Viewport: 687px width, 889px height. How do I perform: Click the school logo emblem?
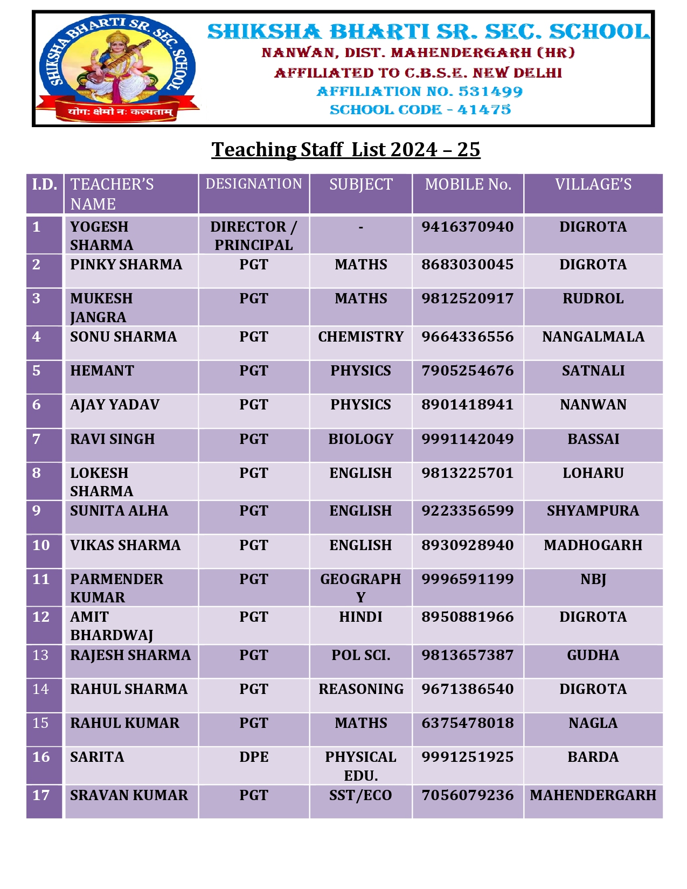(x=117, y=67)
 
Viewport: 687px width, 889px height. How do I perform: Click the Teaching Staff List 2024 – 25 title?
(x=345, y=150)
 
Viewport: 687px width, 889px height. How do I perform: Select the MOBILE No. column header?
(x=468, y=185)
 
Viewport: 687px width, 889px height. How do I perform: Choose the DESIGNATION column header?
(x=254, y=184)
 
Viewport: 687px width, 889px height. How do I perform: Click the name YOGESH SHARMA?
(x=101, y=235)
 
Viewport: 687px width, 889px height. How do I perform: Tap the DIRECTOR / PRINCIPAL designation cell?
(x=254, y=235)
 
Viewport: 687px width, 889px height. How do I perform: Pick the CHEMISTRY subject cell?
(x=360, y=337)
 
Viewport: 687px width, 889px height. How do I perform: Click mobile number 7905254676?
(x=468, y=371)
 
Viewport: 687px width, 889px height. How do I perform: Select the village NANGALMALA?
(x=593, y=337)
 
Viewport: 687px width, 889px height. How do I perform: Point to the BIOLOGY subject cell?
(x=360, y=439)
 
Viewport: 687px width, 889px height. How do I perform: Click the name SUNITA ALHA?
(x=119, y=511)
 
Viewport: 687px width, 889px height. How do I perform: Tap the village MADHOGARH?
(x=593, y=545)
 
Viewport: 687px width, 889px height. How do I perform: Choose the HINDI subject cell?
(x=360, y=617)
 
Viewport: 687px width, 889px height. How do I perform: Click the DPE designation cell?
(x=254, y=757)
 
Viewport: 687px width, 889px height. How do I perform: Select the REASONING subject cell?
(x=360, y=689)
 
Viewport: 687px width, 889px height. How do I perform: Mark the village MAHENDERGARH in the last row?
(x=593, y=795)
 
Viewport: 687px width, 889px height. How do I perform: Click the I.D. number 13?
(x=40, y=655)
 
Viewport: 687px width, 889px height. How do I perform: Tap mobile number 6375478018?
(x=468, y=723)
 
